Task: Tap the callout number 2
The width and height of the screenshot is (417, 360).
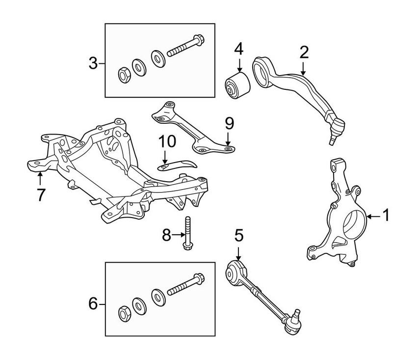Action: click(x=304, y=53)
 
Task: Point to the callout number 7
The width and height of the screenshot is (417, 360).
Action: click(x=40, y=194)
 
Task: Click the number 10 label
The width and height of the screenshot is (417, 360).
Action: click(x=166, y=142)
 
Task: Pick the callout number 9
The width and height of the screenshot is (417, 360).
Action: click(x=229, y=123)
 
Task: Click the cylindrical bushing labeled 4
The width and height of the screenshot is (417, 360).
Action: click(x=237, y=85)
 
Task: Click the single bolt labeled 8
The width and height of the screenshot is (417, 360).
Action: click(x=188, y=233)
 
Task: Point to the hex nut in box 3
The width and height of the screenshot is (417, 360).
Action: click(x=123, y=75)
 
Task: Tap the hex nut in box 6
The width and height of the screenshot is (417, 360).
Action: click(x=124, y=312)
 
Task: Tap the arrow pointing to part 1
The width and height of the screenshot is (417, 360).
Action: click(x=372, y=215)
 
